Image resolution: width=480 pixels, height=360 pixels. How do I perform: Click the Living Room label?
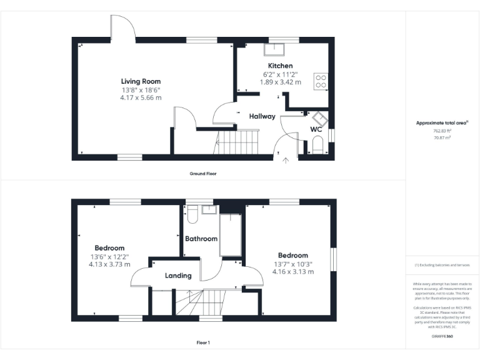[x=141, y=81]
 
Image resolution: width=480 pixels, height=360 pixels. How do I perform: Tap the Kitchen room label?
[x=280, y=66]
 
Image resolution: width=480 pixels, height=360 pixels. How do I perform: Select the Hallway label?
[x=262, y=116]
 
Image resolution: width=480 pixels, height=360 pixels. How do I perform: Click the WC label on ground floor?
[x=316, y=130]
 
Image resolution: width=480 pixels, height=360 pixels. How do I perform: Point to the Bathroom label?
[x=201, y=239]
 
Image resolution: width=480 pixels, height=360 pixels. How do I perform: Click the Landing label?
[x=178, y=276]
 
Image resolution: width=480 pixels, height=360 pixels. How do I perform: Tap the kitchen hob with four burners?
[x=321, y=81]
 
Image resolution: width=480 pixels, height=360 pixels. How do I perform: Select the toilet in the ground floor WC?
[x=317, y=146]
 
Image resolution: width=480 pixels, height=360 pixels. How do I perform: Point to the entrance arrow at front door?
[x=287, y=161]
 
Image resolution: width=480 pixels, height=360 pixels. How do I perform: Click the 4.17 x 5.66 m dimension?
[x=141, y=97]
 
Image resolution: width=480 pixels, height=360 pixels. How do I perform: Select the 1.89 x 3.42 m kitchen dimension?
[x=280, y=82]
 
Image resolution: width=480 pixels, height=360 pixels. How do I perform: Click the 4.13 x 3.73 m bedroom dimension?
[x=109, y=264]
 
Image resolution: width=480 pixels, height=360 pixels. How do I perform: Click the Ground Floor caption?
[x=203, y=173]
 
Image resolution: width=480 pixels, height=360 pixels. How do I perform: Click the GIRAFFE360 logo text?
[x=442, y=337]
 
